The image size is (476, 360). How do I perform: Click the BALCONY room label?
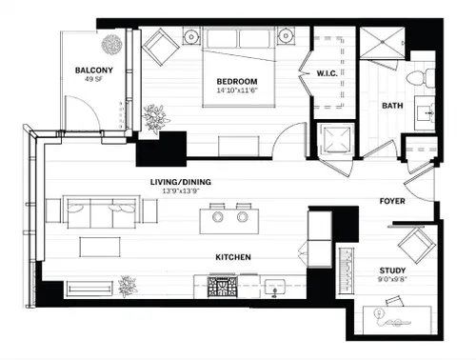pyautogui.click(x=94, y=70)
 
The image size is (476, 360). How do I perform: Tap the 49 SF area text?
pyautogui.click(x=93, y=79)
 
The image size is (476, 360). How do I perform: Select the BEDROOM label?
pyautogui.click(x=237, y=81)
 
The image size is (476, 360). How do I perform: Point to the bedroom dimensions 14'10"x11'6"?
pyautogui.click(x=237, y=90)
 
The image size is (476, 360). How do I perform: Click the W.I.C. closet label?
pyautogui.click(x=327, y=73)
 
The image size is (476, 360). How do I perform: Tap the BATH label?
pyautogui.click(x=392, y=106)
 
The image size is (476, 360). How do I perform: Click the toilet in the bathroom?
pyautogui.click(x=421, y=78)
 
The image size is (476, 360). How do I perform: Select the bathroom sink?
pyautogui.click(x=426, y=113)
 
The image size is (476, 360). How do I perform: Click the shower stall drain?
pyautogui.click(x=383, y=42)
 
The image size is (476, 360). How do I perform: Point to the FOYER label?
pyautogui.click(x=392, y=201)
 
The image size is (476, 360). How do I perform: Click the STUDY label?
pyautogui.click(x=392, y=270)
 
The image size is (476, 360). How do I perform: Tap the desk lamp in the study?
pyautogui.click(x=378, y=313)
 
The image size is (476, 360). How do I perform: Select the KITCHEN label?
pyautogui.click(x=233, y=257)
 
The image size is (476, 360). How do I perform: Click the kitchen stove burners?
pyautogui.click(x=223, y=287)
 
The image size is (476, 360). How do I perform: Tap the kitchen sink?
pyautogui.click(x=275, y=288)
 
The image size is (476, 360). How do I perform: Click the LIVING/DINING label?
pyautogui.click(x=181, y=182)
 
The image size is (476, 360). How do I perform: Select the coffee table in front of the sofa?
pyautogui.click(x=100, y=247)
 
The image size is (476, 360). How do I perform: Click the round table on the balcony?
pyautogui.click(x=111, y=44)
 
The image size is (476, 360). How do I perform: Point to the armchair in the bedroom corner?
pyautogui.click(x=161, y=47)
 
